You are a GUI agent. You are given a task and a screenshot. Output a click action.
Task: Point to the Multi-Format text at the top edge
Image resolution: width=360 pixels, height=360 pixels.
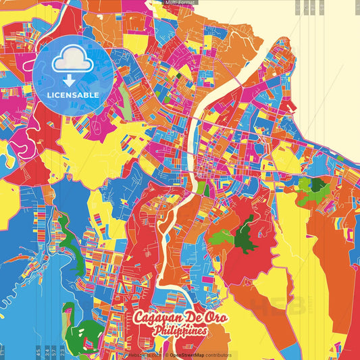click(180, 3)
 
